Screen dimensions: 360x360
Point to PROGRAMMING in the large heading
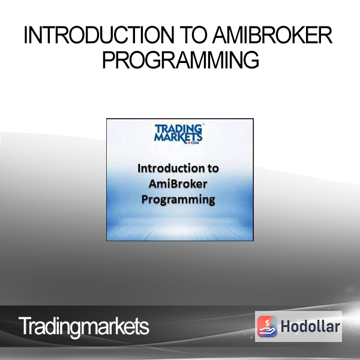(181, 59)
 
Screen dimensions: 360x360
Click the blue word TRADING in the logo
(178, 129)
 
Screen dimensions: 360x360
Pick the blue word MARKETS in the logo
(178, 137)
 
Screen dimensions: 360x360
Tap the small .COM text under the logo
(194, 143)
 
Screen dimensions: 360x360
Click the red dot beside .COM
(189, 143)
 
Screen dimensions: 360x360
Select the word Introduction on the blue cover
(169, 168)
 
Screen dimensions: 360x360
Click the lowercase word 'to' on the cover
(213, 169)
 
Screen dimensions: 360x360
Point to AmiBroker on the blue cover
(178, 184)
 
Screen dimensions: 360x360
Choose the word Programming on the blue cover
(178, 200)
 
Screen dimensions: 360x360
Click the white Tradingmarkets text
(84, 326)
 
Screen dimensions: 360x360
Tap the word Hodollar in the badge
(310, 326)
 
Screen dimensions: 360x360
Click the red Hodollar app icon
(267, 326)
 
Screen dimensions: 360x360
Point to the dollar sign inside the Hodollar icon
(267, 323)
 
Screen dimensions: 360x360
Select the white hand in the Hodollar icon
(267, 330)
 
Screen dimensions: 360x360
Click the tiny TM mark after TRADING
(203, 125)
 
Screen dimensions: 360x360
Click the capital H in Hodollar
(286, 326)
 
